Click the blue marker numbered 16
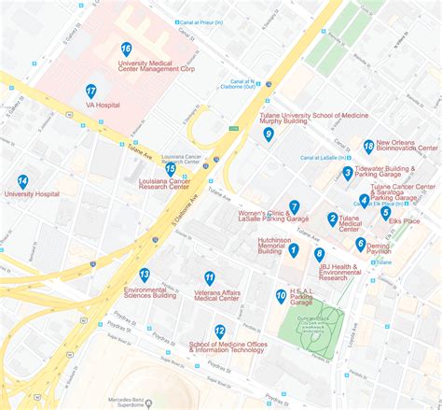point(126,49)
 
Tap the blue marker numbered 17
point(90,91)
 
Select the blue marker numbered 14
point(22,181)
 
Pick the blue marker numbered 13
point(145,274)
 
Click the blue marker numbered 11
point(210,277)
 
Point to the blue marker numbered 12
point(220,331)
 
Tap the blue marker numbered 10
point(281,296)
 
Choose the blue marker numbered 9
point(269,134)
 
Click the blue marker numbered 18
point(369,146)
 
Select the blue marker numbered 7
point(294,206)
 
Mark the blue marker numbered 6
point(361,244)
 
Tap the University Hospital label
point(32,194)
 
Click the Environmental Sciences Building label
point(150,291)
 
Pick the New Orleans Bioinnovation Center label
point(407,148)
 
